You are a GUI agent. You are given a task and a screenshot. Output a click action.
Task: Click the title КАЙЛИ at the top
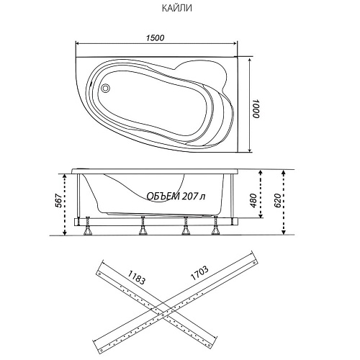point(177,9)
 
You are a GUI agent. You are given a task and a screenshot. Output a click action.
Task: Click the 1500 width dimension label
point(156,38)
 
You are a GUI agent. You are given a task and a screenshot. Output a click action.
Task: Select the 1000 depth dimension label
point(256,109)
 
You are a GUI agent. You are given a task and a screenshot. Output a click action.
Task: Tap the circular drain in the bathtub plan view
point(105,88)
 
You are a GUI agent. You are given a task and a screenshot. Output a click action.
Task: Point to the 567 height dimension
point(58,200)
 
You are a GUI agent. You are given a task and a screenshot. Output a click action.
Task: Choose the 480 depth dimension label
point(253,201)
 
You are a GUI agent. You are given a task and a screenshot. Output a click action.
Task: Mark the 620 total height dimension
point(277,200)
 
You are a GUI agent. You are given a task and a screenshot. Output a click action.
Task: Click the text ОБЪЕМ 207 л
point(176,197)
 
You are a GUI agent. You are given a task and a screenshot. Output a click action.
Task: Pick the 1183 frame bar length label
point(136,277)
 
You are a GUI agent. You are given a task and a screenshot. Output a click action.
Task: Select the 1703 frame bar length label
point(199,274)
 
